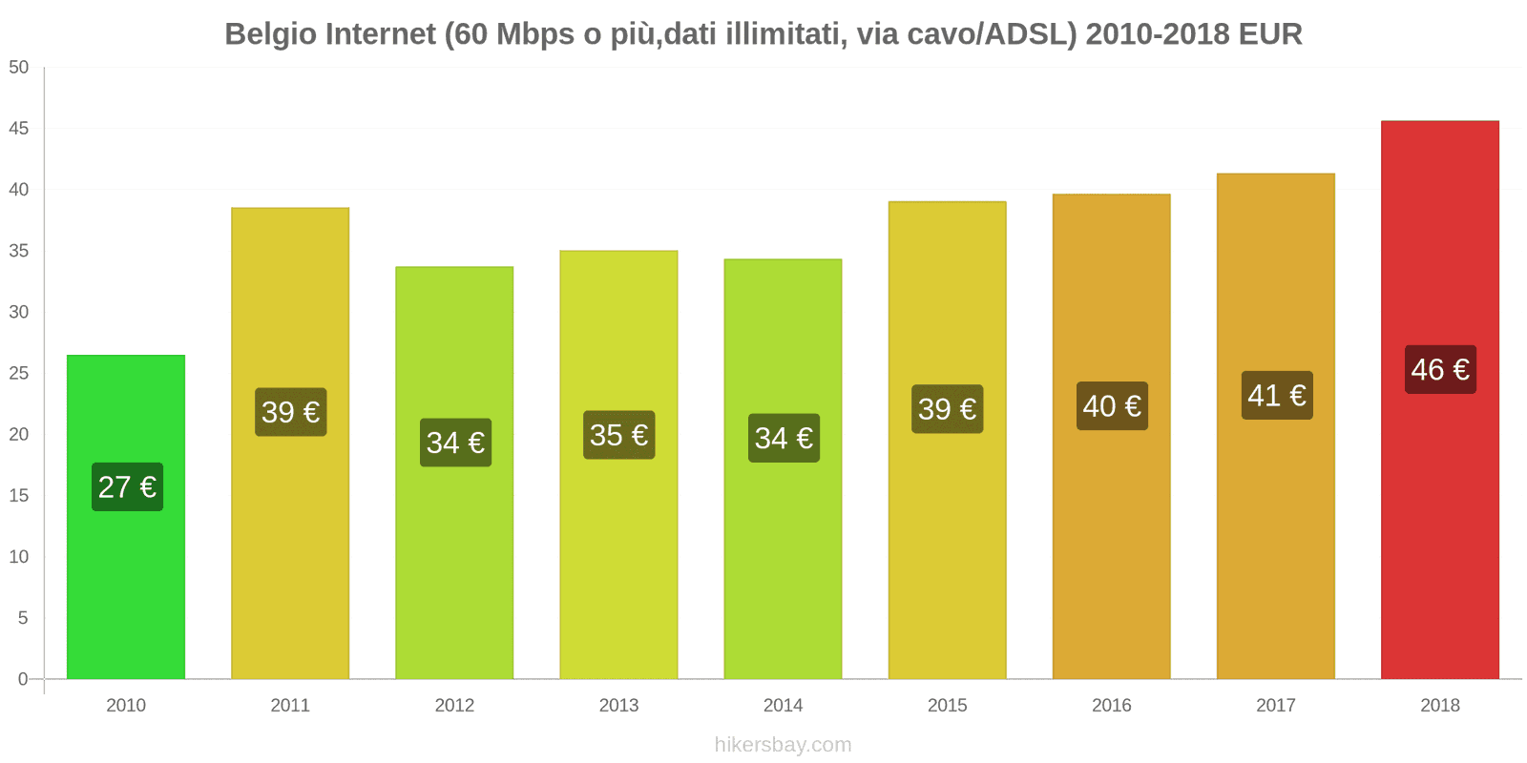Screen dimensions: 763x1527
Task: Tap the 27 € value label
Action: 127,487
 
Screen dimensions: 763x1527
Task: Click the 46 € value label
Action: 1440,370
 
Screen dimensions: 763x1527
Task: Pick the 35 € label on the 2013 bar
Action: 618,435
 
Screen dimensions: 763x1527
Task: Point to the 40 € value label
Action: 1112,406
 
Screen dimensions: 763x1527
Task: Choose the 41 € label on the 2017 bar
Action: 1276,395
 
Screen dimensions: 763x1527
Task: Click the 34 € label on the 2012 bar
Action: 455,443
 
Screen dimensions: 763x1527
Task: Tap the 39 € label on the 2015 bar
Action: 947,409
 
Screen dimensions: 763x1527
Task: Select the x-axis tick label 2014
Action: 783,705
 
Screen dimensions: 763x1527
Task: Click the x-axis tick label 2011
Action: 290,705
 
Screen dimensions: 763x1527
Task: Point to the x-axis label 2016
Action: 1111,705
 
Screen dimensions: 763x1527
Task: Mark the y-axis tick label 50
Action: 19,67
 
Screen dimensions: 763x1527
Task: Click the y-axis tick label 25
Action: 19,373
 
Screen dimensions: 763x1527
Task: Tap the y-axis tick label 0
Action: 23,679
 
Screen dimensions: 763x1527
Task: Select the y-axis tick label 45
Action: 19,128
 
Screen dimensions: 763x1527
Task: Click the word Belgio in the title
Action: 271,34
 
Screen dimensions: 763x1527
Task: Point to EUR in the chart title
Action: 1270,34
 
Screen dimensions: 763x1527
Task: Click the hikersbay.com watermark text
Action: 783,745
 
